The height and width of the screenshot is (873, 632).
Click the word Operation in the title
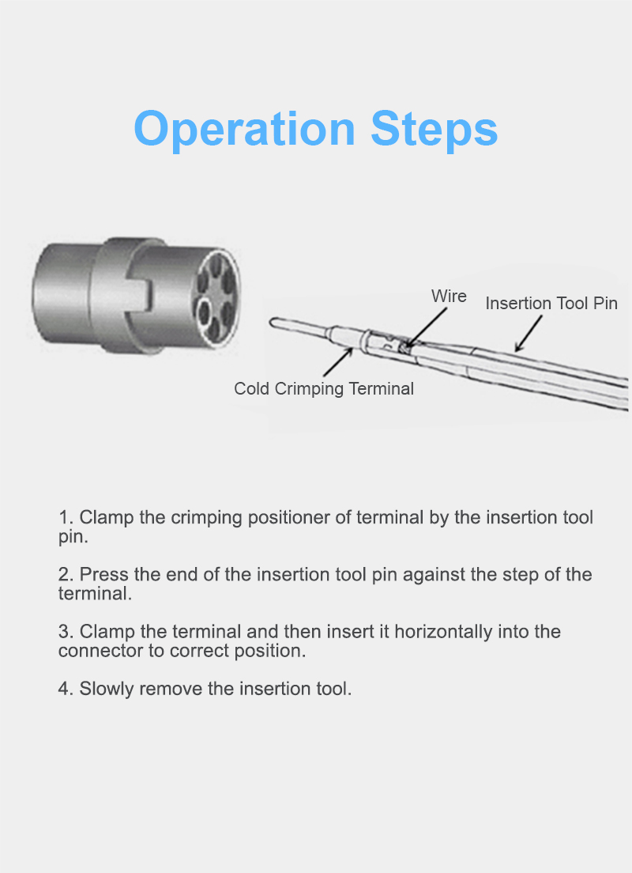pyautogui.click(x=245, y=130)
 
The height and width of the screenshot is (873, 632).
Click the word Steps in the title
pyautogui.click(x=434, y=130)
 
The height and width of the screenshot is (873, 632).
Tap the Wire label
pyautogui.click(x=449, y=297)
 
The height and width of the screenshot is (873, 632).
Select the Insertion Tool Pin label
pyautogui.click(x=551, y=304)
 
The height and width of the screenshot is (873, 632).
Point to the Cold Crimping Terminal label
pyautogui.click(x=324, y=388)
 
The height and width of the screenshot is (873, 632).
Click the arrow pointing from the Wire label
pyautogui.click(x=426, y=327)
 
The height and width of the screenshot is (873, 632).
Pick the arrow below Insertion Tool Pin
pyautogui.click(x=529, y=334)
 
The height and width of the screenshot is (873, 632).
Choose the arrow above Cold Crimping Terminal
pyautogui.click(x=338, y=362)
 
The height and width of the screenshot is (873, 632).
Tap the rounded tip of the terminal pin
pyautogui.click(x=273, y=322)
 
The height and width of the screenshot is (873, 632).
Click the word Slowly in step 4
pyautogui.click(x=107, y=690)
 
